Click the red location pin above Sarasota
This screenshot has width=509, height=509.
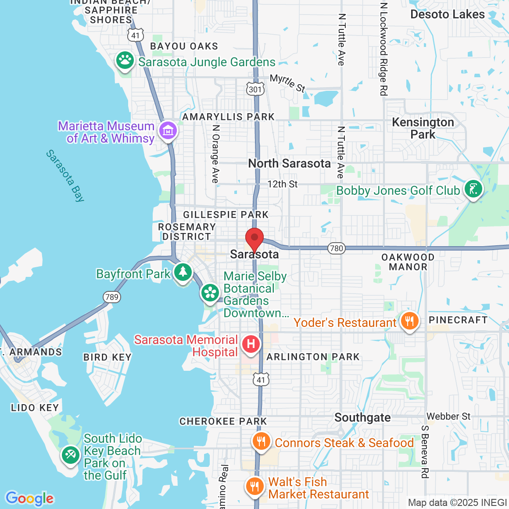click(254, 239)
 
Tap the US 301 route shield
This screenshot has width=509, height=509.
click(255, 89)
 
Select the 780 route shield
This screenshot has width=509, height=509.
click(336, 248)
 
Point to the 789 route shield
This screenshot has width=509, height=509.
click(112, 297)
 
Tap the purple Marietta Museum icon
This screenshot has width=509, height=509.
click(168, 130)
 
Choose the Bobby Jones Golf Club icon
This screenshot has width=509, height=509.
click(473, 189)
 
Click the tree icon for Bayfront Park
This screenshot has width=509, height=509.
click(183, 272)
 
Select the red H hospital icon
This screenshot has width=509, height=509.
click(251, 344)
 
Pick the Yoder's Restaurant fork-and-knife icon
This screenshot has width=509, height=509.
click(409, 321)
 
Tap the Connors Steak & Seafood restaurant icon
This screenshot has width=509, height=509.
click(262, 441)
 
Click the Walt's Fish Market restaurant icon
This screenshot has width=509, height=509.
click(254, 486)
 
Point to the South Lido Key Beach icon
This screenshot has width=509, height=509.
click(70, 455)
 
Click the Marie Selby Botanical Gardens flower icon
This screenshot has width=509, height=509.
click(210, 293)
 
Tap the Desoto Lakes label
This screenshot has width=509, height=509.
click(447, 14)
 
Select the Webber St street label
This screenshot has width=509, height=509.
click(448, 416)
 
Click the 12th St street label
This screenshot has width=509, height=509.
click(283, 184)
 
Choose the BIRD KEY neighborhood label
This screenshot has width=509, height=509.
click(108, 357)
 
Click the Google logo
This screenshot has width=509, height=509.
click(29, 498)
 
